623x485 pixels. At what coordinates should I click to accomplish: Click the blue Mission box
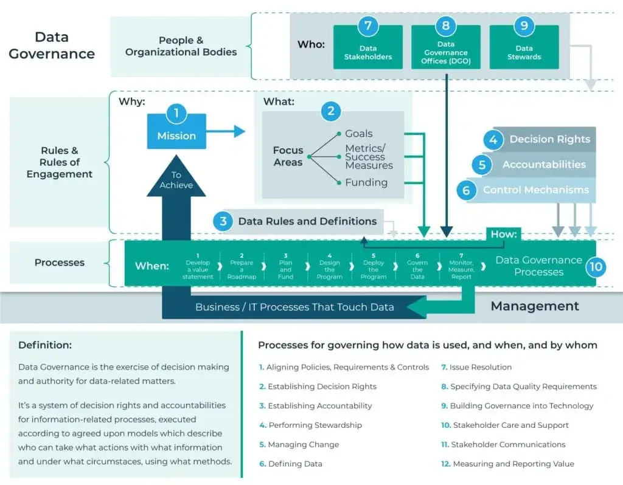click(x=176, y=135)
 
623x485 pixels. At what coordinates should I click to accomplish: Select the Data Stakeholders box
click(x=367, y=50)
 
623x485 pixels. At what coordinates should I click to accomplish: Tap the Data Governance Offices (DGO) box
click(x=445, y=50)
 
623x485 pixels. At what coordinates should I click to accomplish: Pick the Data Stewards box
click(x=524, y=50)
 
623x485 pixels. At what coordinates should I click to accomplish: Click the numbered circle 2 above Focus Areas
click(x=331, y=111)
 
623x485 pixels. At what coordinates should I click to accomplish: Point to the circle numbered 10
click(x=596, y=266)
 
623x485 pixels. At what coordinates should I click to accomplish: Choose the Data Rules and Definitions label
click(x=307, y=221)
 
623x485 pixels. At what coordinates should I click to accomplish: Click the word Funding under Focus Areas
click(x=366, y=182)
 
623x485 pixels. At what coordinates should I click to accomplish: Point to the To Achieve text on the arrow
click(x=176, y=180)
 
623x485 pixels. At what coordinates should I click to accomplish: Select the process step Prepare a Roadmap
click(x=242, y=266)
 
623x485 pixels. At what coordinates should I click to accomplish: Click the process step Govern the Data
click(x=417, y=266)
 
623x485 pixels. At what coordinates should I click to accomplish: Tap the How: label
click(x=504, y=234)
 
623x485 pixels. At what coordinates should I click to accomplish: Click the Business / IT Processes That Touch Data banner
click(x=294, y=307)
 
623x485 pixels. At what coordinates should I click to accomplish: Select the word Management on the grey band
click(x=535, y=306)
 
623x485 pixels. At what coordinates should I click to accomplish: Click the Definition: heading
click(x=45, y=345)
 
